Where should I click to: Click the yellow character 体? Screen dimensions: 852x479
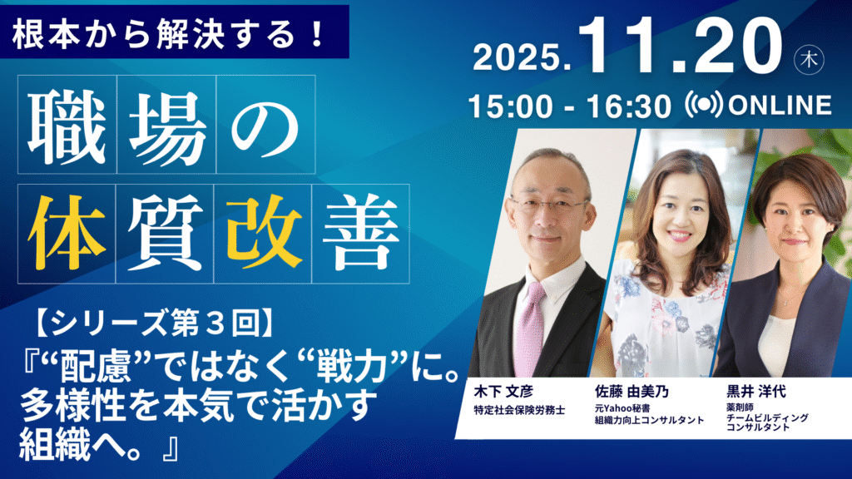click(67, 234)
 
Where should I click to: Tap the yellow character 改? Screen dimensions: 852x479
click(264, 234)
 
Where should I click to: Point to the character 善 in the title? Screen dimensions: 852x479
click(361, 234)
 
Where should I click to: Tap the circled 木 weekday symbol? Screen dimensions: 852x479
click(809, 59)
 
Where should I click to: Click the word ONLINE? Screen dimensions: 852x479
click(780, 106)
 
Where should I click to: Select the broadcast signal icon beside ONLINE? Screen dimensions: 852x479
click(704, 104)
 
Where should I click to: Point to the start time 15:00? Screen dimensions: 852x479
click(510, 106)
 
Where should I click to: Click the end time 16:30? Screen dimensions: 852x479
click(629, 106)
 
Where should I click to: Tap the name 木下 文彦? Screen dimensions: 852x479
click(503, 391)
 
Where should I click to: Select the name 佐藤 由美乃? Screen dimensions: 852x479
click(632, 391)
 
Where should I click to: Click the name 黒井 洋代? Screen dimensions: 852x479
click(756, 391)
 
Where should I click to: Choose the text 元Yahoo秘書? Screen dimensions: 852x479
click(622, 407)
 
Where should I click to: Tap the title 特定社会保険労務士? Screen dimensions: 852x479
click(519, 411)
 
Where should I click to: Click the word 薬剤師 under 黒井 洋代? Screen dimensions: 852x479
click(740, 407)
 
